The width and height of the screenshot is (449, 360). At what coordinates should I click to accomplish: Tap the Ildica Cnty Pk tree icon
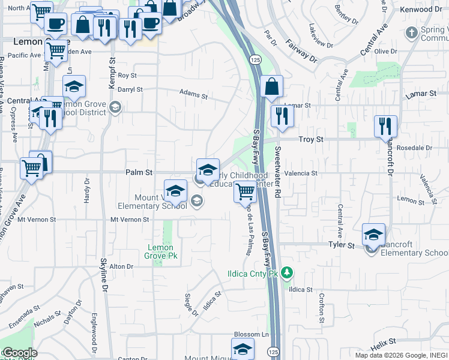pyautogui.click(x=288, y=274)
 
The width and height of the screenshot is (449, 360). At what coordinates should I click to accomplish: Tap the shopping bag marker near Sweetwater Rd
pyautogui.click(x=271, y=87)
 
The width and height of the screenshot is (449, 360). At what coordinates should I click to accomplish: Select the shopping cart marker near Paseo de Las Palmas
pyautogui.click(x=245, y=192)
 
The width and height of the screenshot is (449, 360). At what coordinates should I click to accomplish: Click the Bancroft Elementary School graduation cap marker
pyautogui.click(x=373, y=235)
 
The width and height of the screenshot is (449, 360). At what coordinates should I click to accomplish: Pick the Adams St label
pyautogui.click(x=194, y=95)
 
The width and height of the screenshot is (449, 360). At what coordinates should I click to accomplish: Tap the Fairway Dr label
pyautogui.click(x=301, y=51)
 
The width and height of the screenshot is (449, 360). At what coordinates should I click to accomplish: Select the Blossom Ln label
pyautogui.click(x=250, y=334)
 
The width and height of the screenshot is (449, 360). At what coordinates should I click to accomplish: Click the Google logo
pyautogui.click(x=19, y=353)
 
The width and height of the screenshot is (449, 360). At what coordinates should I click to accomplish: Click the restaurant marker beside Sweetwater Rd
pyautogui.click(x=282, y=115)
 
